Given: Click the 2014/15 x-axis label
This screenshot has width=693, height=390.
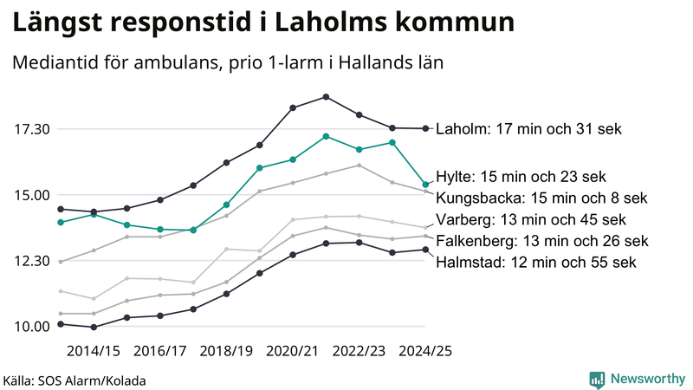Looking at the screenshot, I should tap(94, 351).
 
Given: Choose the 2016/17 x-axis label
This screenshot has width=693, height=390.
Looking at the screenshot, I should tap(160, 351).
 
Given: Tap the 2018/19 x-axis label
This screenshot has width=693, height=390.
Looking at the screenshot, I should tap(226, 351).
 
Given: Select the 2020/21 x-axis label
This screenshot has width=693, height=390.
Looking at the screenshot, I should tap(293, 351).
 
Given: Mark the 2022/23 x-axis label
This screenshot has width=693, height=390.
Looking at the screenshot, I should tap(359, 351).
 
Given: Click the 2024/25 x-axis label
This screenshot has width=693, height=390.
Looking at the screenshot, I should tap(425, 351).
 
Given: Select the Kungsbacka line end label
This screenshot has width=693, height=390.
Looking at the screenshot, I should tap(541, 198).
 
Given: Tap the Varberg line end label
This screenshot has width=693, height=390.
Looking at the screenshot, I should tap(542, 219).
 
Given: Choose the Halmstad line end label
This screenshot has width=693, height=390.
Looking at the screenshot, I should tap(536, 261).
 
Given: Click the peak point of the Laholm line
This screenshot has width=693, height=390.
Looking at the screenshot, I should tap(326, 96).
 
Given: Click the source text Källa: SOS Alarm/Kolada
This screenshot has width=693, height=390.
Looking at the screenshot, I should tap(74, 380).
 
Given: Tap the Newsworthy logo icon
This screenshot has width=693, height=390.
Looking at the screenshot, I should tap(597, 379).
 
